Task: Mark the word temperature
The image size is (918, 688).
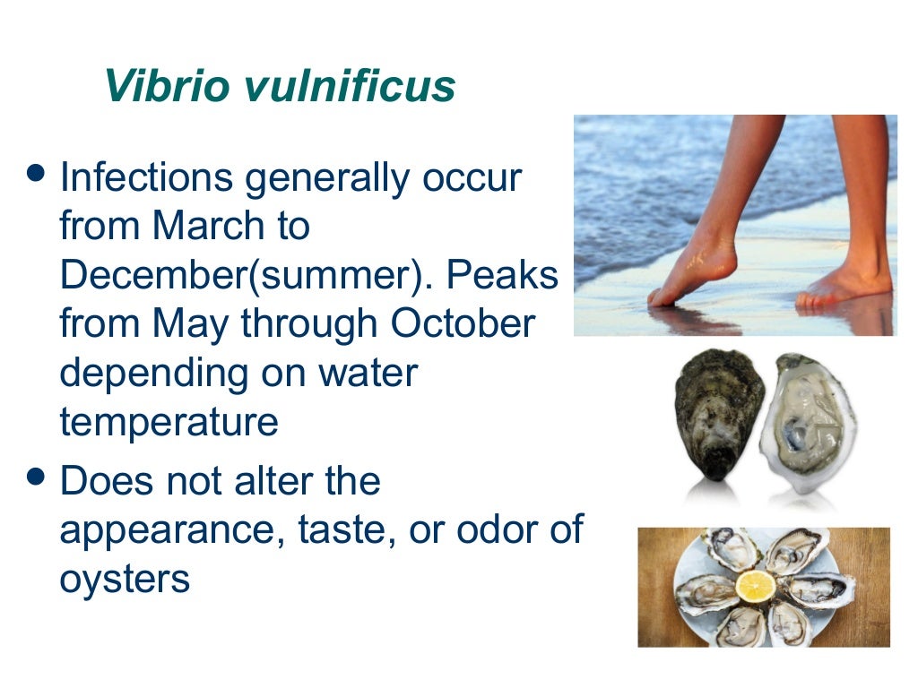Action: [169, 422]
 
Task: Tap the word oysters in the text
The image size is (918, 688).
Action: [125, 580]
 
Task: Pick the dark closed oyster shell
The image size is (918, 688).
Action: [718, 414]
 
